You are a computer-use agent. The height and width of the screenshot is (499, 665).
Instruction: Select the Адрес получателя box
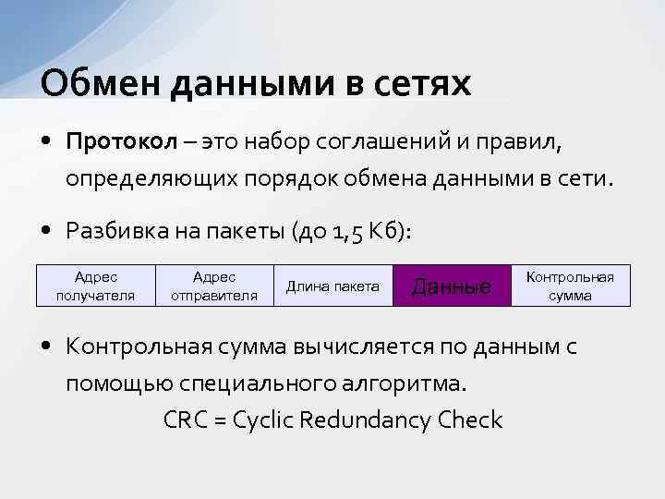point(95,286)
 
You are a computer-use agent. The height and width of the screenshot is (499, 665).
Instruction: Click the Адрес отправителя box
point(214,286)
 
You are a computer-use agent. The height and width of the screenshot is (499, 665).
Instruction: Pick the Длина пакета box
point(333,286)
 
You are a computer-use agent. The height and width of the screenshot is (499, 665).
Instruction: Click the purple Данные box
point(452,286)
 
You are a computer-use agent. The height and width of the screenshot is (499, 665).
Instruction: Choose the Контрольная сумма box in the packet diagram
point(571,286)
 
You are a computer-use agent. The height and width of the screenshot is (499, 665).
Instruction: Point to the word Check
point(471,420)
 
